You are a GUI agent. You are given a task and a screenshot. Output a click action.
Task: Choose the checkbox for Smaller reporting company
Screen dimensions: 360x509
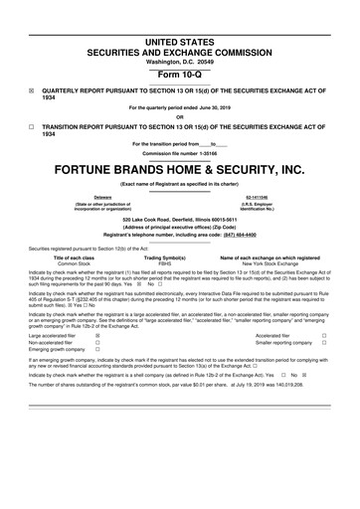[x=324, y=345]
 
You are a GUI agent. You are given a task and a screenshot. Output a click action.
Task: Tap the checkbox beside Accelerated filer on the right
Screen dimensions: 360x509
[x=324, y=337]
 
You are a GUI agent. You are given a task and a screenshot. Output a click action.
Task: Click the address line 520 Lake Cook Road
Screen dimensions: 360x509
[x=180, y=219]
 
